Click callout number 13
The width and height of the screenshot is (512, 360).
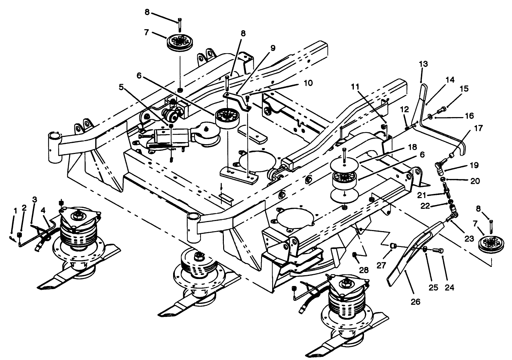(423, 64)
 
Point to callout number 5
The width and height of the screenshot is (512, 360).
(121, 88)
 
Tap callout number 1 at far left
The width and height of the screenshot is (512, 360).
(15, 210)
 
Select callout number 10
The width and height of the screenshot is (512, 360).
(308, 83)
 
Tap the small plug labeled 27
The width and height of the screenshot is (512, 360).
(393, 246)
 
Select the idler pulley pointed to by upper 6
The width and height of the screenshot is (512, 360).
(226, 118)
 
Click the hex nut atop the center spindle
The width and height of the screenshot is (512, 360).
(199, 256)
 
